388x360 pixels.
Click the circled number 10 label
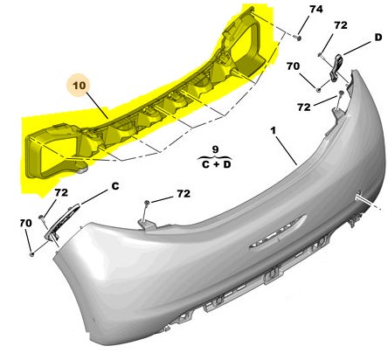coord(79,86)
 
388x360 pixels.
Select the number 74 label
coord(315,10)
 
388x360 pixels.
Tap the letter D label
coord(378,38)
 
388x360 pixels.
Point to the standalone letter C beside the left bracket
coord(115,186)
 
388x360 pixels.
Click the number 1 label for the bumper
coord(273,131)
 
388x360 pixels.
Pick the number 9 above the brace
coord(215,149)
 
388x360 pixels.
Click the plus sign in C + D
coord(216,164)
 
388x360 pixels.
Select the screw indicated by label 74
coord(298,38)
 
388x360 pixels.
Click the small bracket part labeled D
coord(336,67)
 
